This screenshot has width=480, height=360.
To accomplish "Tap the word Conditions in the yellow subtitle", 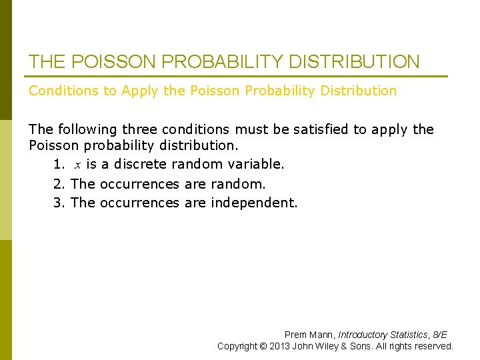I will pos(63,91).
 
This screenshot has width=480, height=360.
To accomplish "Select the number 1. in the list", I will pos(59,164).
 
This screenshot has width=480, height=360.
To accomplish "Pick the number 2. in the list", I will pos(59,183).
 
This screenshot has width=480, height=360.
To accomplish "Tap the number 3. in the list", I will pos(59,203).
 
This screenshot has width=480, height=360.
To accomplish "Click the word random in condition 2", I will pos(238,183).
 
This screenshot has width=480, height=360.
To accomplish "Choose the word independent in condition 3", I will pos(254,203).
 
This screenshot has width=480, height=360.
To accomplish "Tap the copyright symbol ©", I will pos(264,346).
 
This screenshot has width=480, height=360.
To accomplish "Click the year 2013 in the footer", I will pos(279,346).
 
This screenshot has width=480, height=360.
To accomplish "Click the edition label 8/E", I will pos(439,335).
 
